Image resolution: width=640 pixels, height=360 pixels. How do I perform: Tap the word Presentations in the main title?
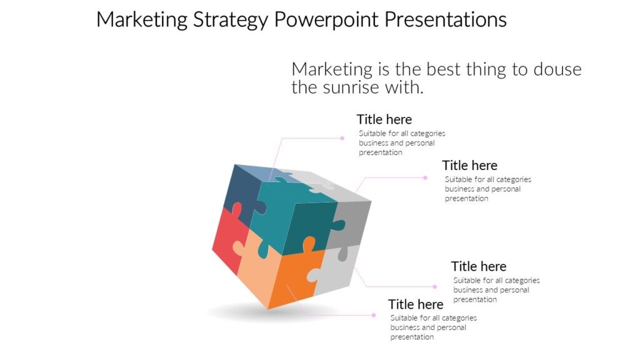(x=444, y=19)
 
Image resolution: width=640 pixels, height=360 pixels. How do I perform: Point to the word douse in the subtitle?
(x=557, y=69)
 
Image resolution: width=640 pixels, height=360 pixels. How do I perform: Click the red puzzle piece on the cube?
(x=226, y=241)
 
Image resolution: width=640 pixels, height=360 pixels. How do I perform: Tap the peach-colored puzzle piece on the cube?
(x=256, y=269)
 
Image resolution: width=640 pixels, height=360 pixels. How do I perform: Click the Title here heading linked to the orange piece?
(x=416, y=304)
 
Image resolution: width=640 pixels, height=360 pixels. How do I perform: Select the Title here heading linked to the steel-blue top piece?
(x=384, y=119)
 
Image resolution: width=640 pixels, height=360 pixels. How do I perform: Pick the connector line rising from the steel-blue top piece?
(x=278, y=153)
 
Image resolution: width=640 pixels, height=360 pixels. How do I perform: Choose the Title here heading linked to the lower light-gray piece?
(x=479, y=266)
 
